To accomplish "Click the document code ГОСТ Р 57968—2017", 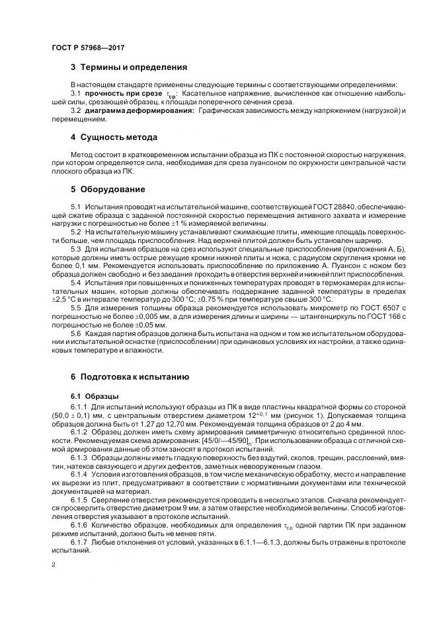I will click(88, 48).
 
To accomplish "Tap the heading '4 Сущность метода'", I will click(114, 137).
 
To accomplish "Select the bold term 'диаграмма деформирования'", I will click(139, 110).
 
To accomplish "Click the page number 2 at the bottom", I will click(54, 566).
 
